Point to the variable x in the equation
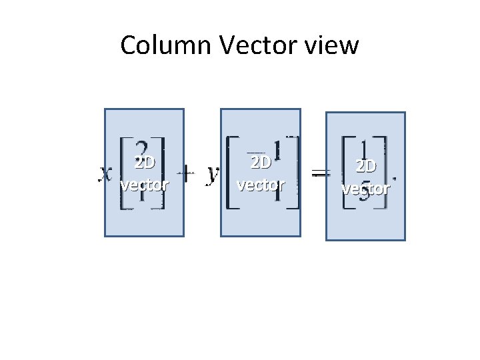(x=105, y=175)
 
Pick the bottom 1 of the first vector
(x=142, y=196)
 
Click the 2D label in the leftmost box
(x=145, y=164)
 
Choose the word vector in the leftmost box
(x=145, y=184)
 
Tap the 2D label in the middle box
(x=261, y=163)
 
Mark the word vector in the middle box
(x=261, y=184)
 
